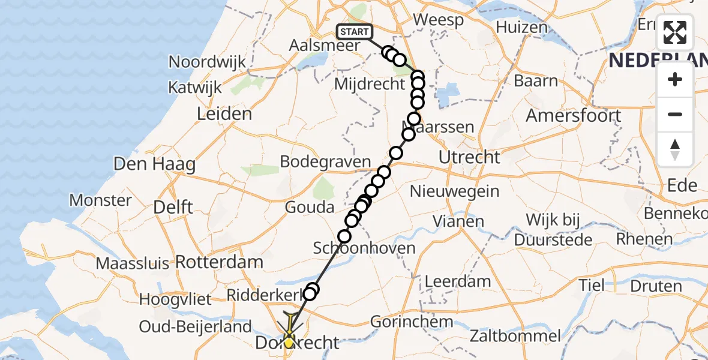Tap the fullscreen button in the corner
[675, 32]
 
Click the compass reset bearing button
[675, 149]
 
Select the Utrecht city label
[469, 158]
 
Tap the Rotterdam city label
[219, 262]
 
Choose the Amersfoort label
[573, 115]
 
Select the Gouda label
[310, 208]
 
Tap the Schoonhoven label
[364, 248]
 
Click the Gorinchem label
[411, 321]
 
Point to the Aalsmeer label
[325, 46]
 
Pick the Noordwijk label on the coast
[208, 62]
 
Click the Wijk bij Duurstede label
[554, 230]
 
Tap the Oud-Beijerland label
[195, 327]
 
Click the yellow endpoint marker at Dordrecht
[289, 343]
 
